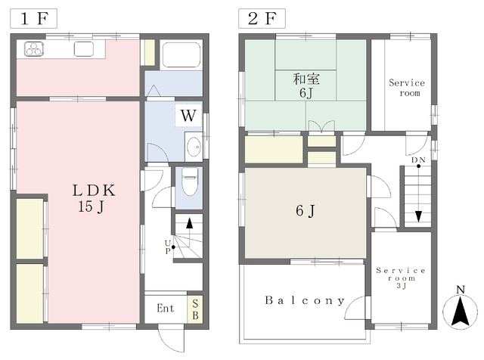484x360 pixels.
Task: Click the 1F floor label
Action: pos(33,18)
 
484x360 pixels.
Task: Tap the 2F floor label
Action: pos(262,18)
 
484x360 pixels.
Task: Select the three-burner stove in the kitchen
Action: pos(34,49)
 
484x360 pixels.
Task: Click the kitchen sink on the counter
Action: pos(84,49)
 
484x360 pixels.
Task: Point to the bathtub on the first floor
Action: pos(181,54)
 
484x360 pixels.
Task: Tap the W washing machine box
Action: pos(188,116)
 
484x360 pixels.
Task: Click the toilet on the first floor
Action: pos(190,182)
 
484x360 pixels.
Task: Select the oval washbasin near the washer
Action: pos(194,147)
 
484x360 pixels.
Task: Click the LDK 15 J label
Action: pos(94,198)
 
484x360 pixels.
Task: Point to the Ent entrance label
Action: pos(166,308)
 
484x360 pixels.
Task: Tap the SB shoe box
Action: pos(195,309)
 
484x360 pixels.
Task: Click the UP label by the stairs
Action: pos(168,247)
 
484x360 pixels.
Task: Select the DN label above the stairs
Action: pos(418,160)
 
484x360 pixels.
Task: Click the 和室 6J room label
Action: pos(306,85)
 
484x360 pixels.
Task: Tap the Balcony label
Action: pos(305,300)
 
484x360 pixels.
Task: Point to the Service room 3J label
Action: pos(401,278)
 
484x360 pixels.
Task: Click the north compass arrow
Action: pos(460,312)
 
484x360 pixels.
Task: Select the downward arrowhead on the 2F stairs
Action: pos(418,216)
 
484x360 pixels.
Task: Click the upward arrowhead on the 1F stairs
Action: pos(190,223)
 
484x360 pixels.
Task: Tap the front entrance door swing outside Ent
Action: pos(172,338)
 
